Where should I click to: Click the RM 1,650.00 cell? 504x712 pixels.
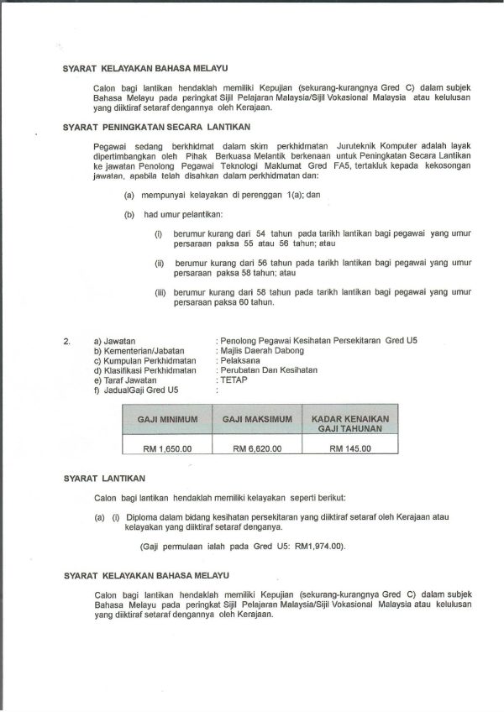pos(167,448)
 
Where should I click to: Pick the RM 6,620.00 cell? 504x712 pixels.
pos(257,448)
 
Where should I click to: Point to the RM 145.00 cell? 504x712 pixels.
pos(350,448)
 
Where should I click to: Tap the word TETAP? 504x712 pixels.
pos(234,380)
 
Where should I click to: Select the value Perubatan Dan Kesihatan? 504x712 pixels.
pos(268,369)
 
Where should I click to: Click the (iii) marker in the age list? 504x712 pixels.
pos(160,293)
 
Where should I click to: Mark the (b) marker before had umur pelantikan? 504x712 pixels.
pos(129,214)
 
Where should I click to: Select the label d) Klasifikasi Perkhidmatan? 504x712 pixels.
pos(144,369)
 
